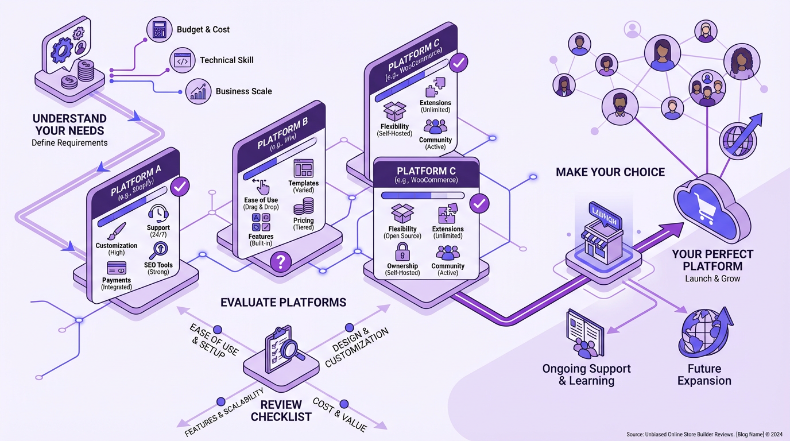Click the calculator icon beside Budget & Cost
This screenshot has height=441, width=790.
(159, 29)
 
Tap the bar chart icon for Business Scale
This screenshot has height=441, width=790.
(198, 91)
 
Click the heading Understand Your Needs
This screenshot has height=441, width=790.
(69, 125)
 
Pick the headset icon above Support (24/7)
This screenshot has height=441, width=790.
(158, 214)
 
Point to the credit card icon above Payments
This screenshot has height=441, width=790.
(117, 268)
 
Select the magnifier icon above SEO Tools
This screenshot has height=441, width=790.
(158, 250)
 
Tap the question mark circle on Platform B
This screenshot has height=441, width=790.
(281, 263)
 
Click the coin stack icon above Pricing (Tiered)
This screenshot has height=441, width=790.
(303, 206)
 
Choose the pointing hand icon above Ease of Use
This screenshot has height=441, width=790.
(261, 186)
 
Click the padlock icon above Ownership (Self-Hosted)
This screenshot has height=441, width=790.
(402, 252)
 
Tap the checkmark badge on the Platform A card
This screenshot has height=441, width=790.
(180, 186)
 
